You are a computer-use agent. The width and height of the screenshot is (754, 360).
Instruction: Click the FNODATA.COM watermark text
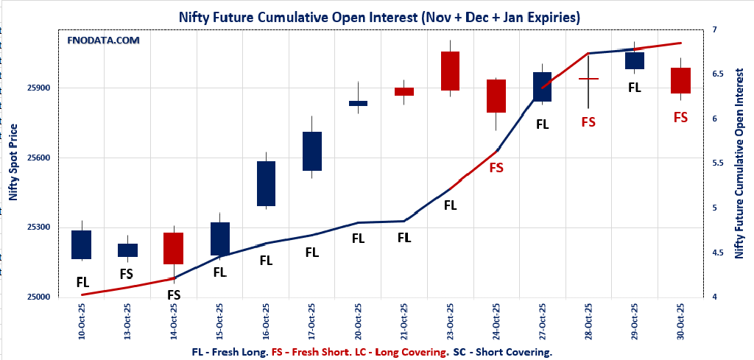point(103,40)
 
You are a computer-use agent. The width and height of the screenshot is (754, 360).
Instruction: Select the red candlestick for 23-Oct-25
point(450,71)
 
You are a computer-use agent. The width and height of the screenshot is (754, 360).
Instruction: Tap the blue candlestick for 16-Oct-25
point(266,183)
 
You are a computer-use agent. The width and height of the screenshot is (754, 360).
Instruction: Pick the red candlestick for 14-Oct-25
point(174,248)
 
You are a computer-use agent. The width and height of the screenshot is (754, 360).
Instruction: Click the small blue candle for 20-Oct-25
point(358,103)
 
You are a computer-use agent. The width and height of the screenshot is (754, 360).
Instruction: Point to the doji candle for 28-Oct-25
point(588,78)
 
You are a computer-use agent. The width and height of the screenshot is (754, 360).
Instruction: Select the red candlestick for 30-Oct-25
point(680,80)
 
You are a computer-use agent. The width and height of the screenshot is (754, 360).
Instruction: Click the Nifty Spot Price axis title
point(13,163)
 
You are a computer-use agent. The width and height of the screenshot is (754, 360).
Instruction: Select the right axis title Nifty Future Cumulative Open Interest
point(739,163)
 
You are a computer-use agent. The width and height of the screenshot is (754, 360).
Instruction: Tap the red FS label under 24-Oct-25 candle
point(496,168)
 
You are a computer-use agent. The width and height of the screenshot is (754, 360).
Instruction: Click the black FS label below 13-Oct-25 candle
point(127,274)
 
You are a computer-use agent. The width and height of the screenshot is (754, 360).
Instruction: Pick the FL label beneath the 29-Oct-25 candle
point(634,88)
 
